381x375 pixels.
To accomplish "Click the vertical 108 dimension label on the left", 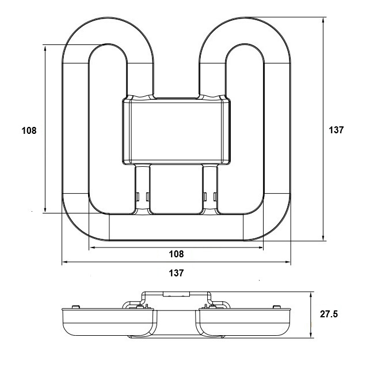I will coord(29,131).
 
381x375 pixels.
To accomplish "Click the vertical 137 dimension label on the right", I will coord(336,130).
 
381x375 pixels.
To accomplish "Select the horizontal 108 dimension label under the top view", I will coord(176,254).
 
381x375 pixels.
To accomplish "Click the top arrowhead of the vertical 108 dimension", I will coord(44,47).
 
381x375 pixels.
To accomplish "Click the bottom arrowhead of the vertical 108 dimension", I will coord(44,209).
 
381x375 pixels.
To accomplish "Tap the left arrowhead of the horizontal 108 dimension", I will coord(91,249).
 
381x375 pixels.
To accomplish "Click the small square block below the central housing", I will coord(176,189).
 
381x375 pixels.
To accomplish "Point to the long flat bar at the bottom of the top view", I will coord(176,227).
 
